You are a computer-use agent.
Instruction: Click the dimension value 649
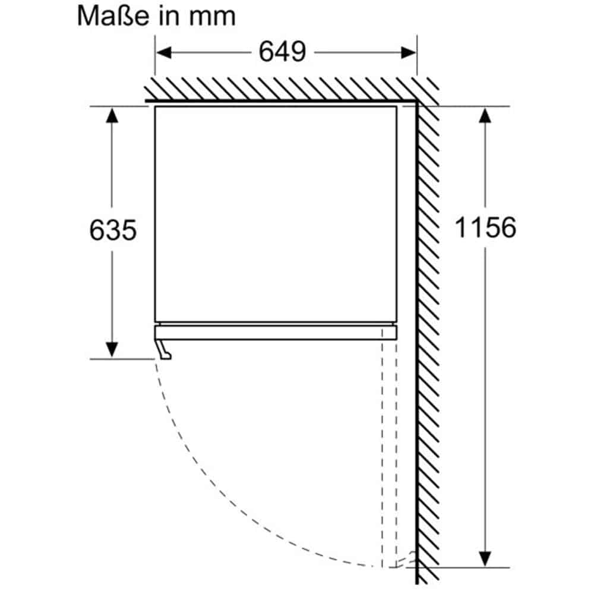click(x=282, y=52)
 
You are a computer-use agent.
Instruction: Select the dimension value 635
click(x=113, y=229)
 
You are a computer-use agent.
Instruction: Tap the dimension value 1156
click(x=485, y=228)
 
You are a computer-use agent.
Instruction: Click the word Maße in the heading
click(x=113, y=15)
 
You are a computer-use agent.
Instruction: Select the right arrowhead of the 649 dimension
click(x=409, y=53)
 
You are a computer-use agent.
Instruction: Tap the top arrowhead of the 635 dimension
click(x=112, y=115)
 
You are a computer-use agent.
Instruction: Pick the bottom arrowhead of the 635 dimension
click(x=112, y=349)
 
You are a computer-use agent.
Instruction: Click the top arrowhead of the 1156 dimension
click(x=485, y=115)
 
